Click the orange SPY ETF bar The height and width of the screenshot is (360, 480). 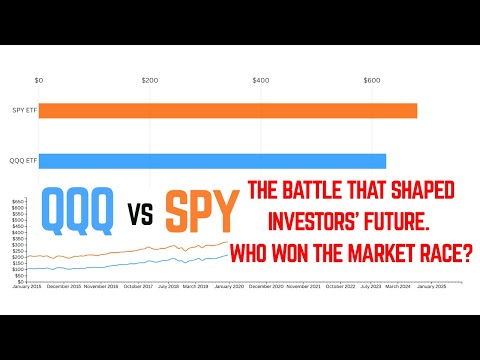pyautogui.click(x=228, y=111)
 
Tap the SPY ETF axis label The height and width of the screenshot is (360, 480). pyautogui.click(x=24, y=111)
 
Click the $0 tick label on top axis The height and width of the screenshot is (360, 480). pyautogui.click(x=38, y=79)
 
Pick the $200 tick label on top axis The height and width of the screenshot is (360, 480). pyautogui.click(x=150, y=79)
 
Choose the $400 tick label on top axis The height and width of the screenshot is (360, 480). pyautogui.click(x=261, y=79)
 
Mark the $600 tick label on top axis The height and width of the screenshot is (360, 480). pyautogui.click(x=372, y=79)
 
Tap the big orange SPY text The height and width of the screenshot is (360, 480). pyautogui.click(x=203, y=213)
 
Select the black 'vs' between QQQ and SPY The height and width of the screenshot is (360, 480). pyautogui.click(x=140, y=215)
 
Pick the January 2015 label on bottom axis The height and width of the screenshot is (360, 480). pyautogui.click(x=27, y=286)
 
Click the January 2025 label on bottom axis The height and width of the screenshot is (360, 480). pyautogui.click(x=432, y=286)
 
